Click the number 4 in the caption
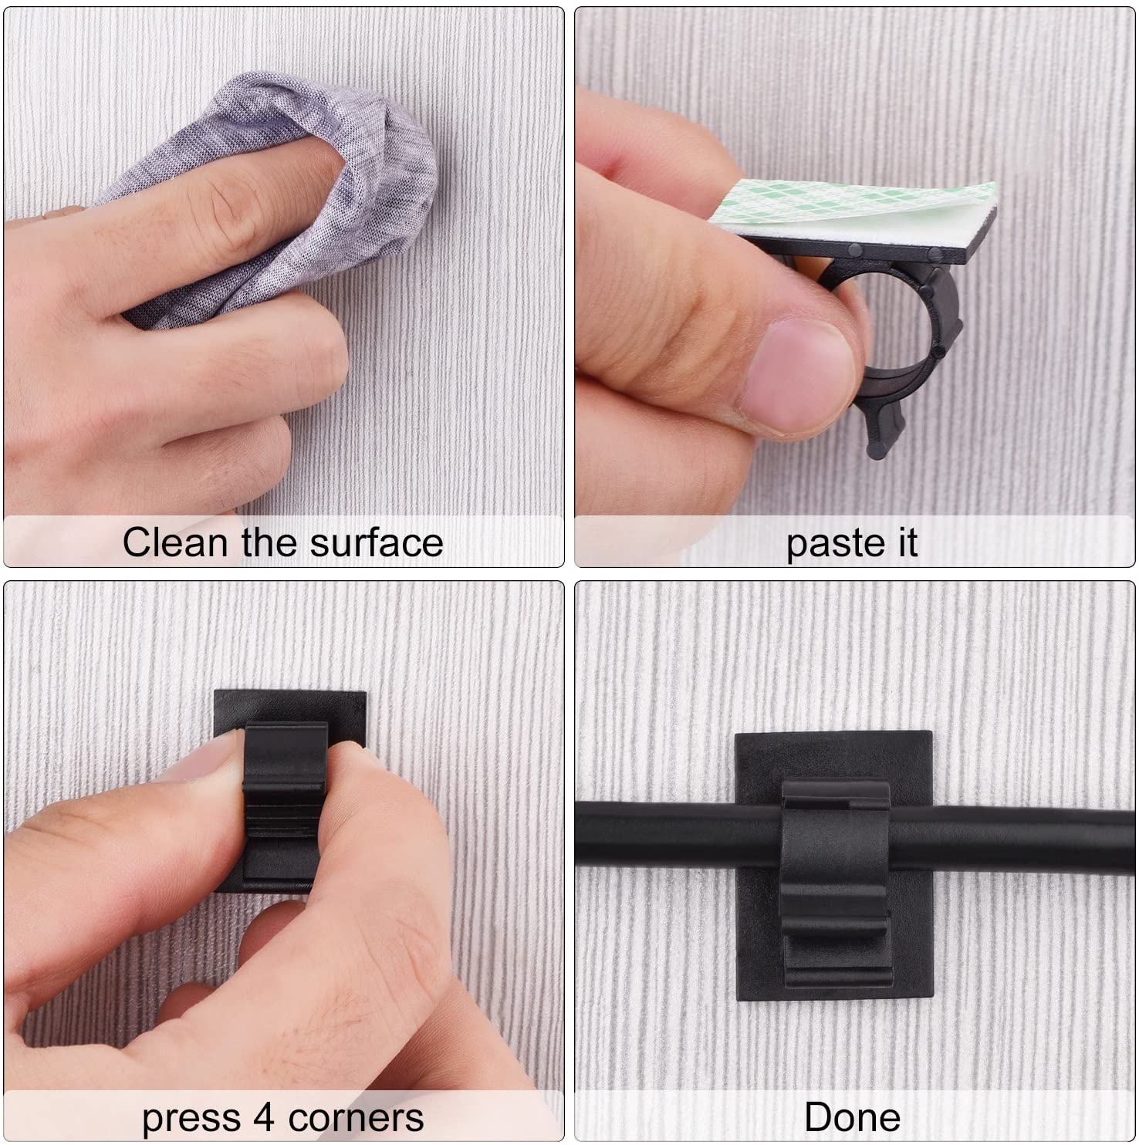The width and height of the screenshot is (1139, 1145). click(264, 1118)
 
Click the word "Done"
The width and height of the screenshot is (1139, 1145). click(853, 1117)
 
